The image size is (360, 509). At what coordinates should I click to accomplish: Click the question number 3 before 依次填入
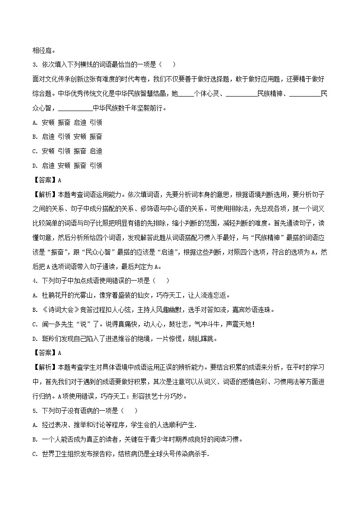[35, 65]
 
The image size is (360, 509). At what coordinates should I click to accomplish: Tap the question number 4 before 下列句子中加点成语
[35, 281]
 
